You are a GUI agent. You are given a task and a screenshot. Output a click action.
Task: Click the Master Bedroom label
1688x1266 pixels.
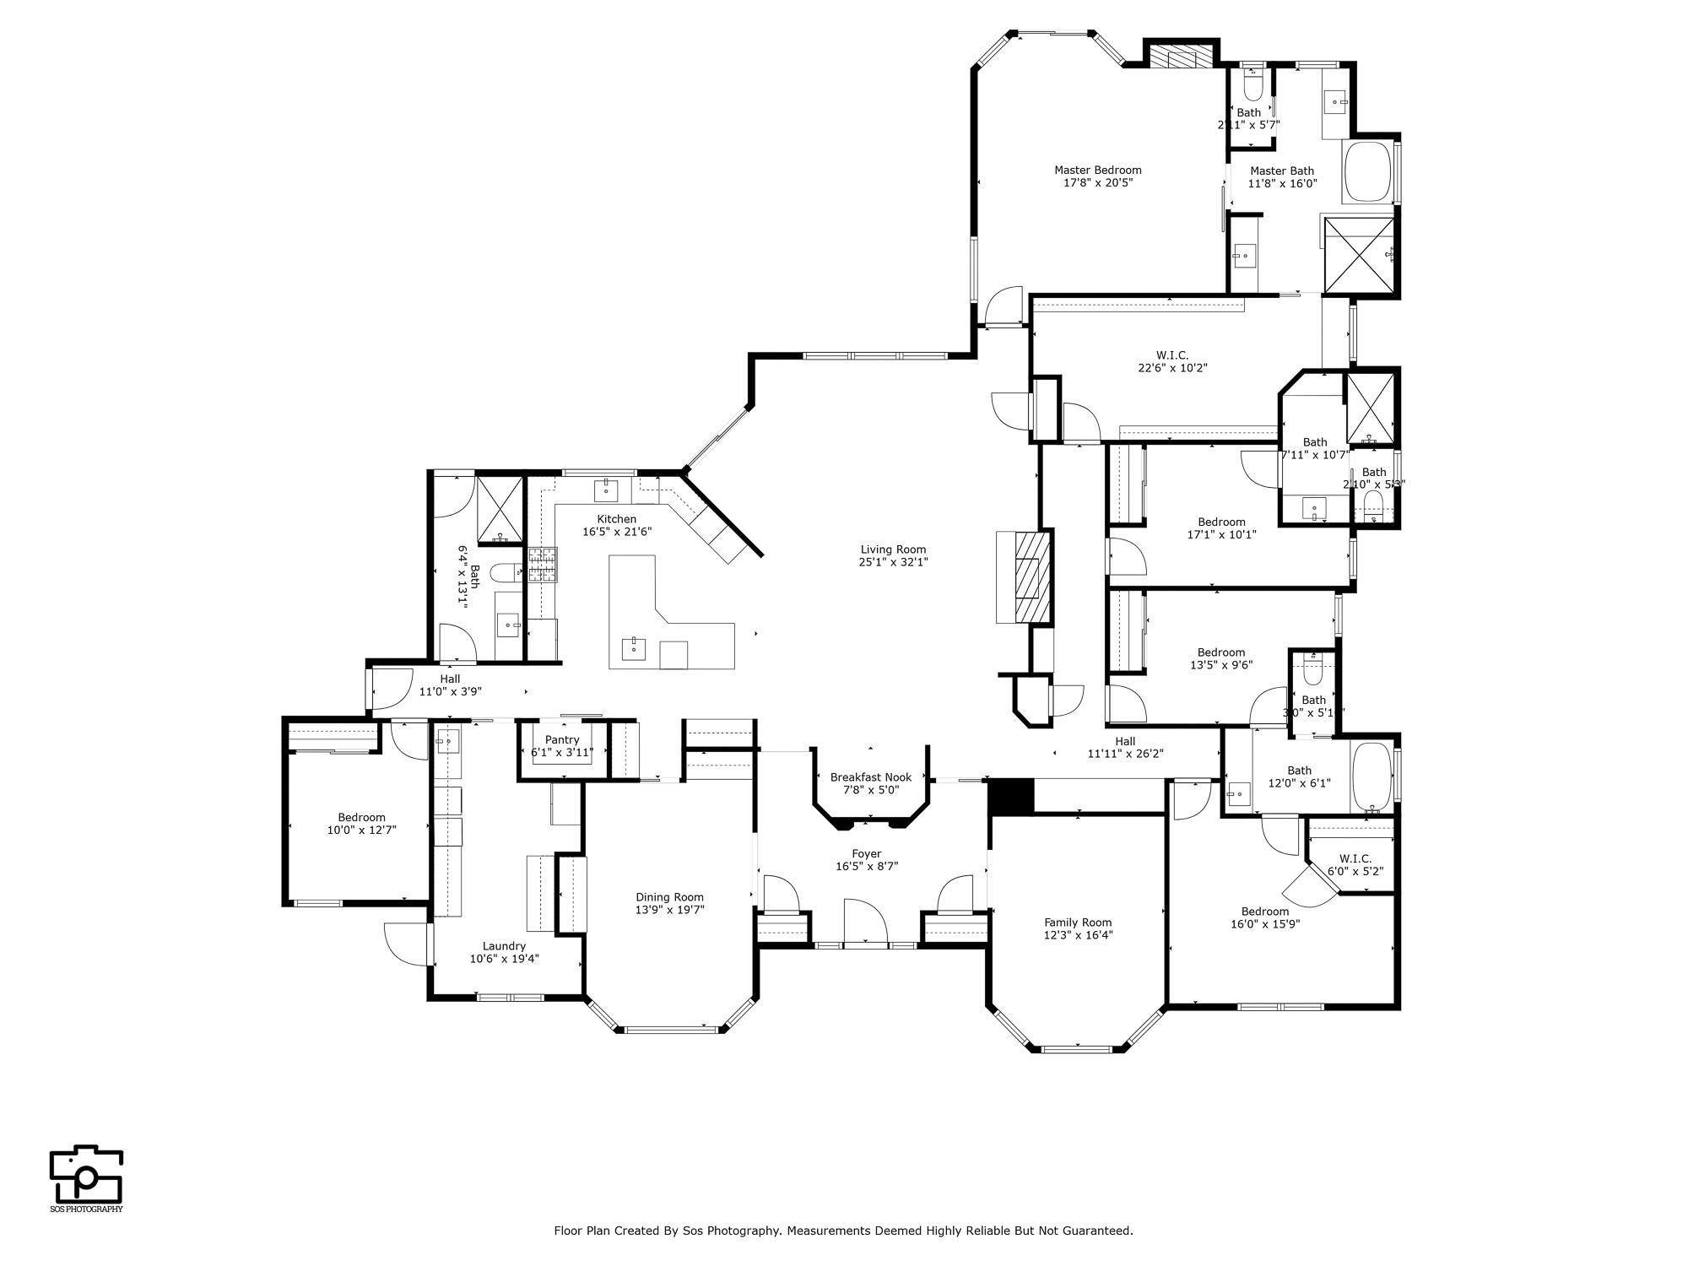pyautogui.click(x=1097, y=170)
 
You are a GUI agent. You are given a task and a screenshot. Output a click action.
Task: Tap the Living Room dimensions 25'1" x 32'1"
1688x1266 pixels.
pyautogui.click(x=893, y=562)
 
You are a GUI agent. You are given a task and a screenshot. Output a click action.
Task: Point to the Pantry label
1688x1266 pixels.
pyautogui.click(x=562, y=739)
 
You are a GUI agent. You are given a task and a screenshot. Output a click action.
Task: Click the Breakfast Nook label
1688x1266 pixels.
pyautogui.click(x=870, y=777)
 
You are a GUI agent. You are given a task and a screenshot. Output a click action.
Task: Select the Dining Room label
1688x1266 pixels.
pyautogui.click(x=669, y=897)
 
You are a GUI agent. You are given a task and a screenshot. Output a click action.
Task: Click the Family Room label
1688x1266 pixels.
pyautogui.click(x=1078, y=922)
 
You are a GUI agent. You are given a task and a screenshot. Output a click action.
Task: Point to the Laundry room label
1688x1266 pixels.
pyautogui.click(x=504, y=946)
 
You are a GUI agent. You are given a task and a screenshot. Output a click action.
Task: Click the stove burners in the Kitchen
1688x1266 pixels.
pyautogui.click(x=543, y=565)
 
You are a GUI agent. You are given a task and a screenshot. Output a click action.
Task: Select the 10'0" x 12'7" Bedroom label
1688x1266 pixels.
pyautogui.click(x=361, y=817)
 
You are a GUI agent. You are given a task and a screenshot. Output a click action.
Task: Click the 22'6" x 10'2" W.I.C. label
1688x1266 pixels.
pyautogui.click(x=1171, y=355)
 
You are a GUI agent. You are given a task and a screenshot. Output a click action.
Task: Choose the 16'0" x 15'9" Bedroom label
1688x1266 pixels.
pyautogui.click(x=1264, y=912)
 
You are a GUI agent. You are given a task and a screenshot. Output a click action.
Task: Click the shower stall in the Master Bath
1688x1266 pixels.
pyautogui.click(x=1358, y=255)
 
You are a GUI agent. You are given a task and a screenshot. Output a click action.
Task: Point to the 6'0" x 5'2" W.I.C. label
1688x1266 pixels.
pyautogui.click(x=1355, y=859)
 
